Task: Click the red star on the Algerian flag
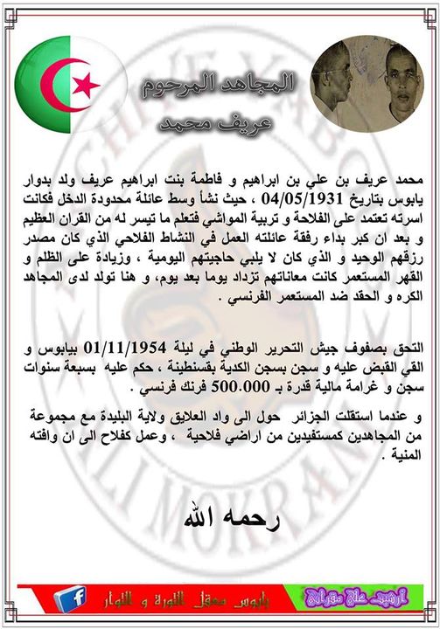click(x=86, y=85)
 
